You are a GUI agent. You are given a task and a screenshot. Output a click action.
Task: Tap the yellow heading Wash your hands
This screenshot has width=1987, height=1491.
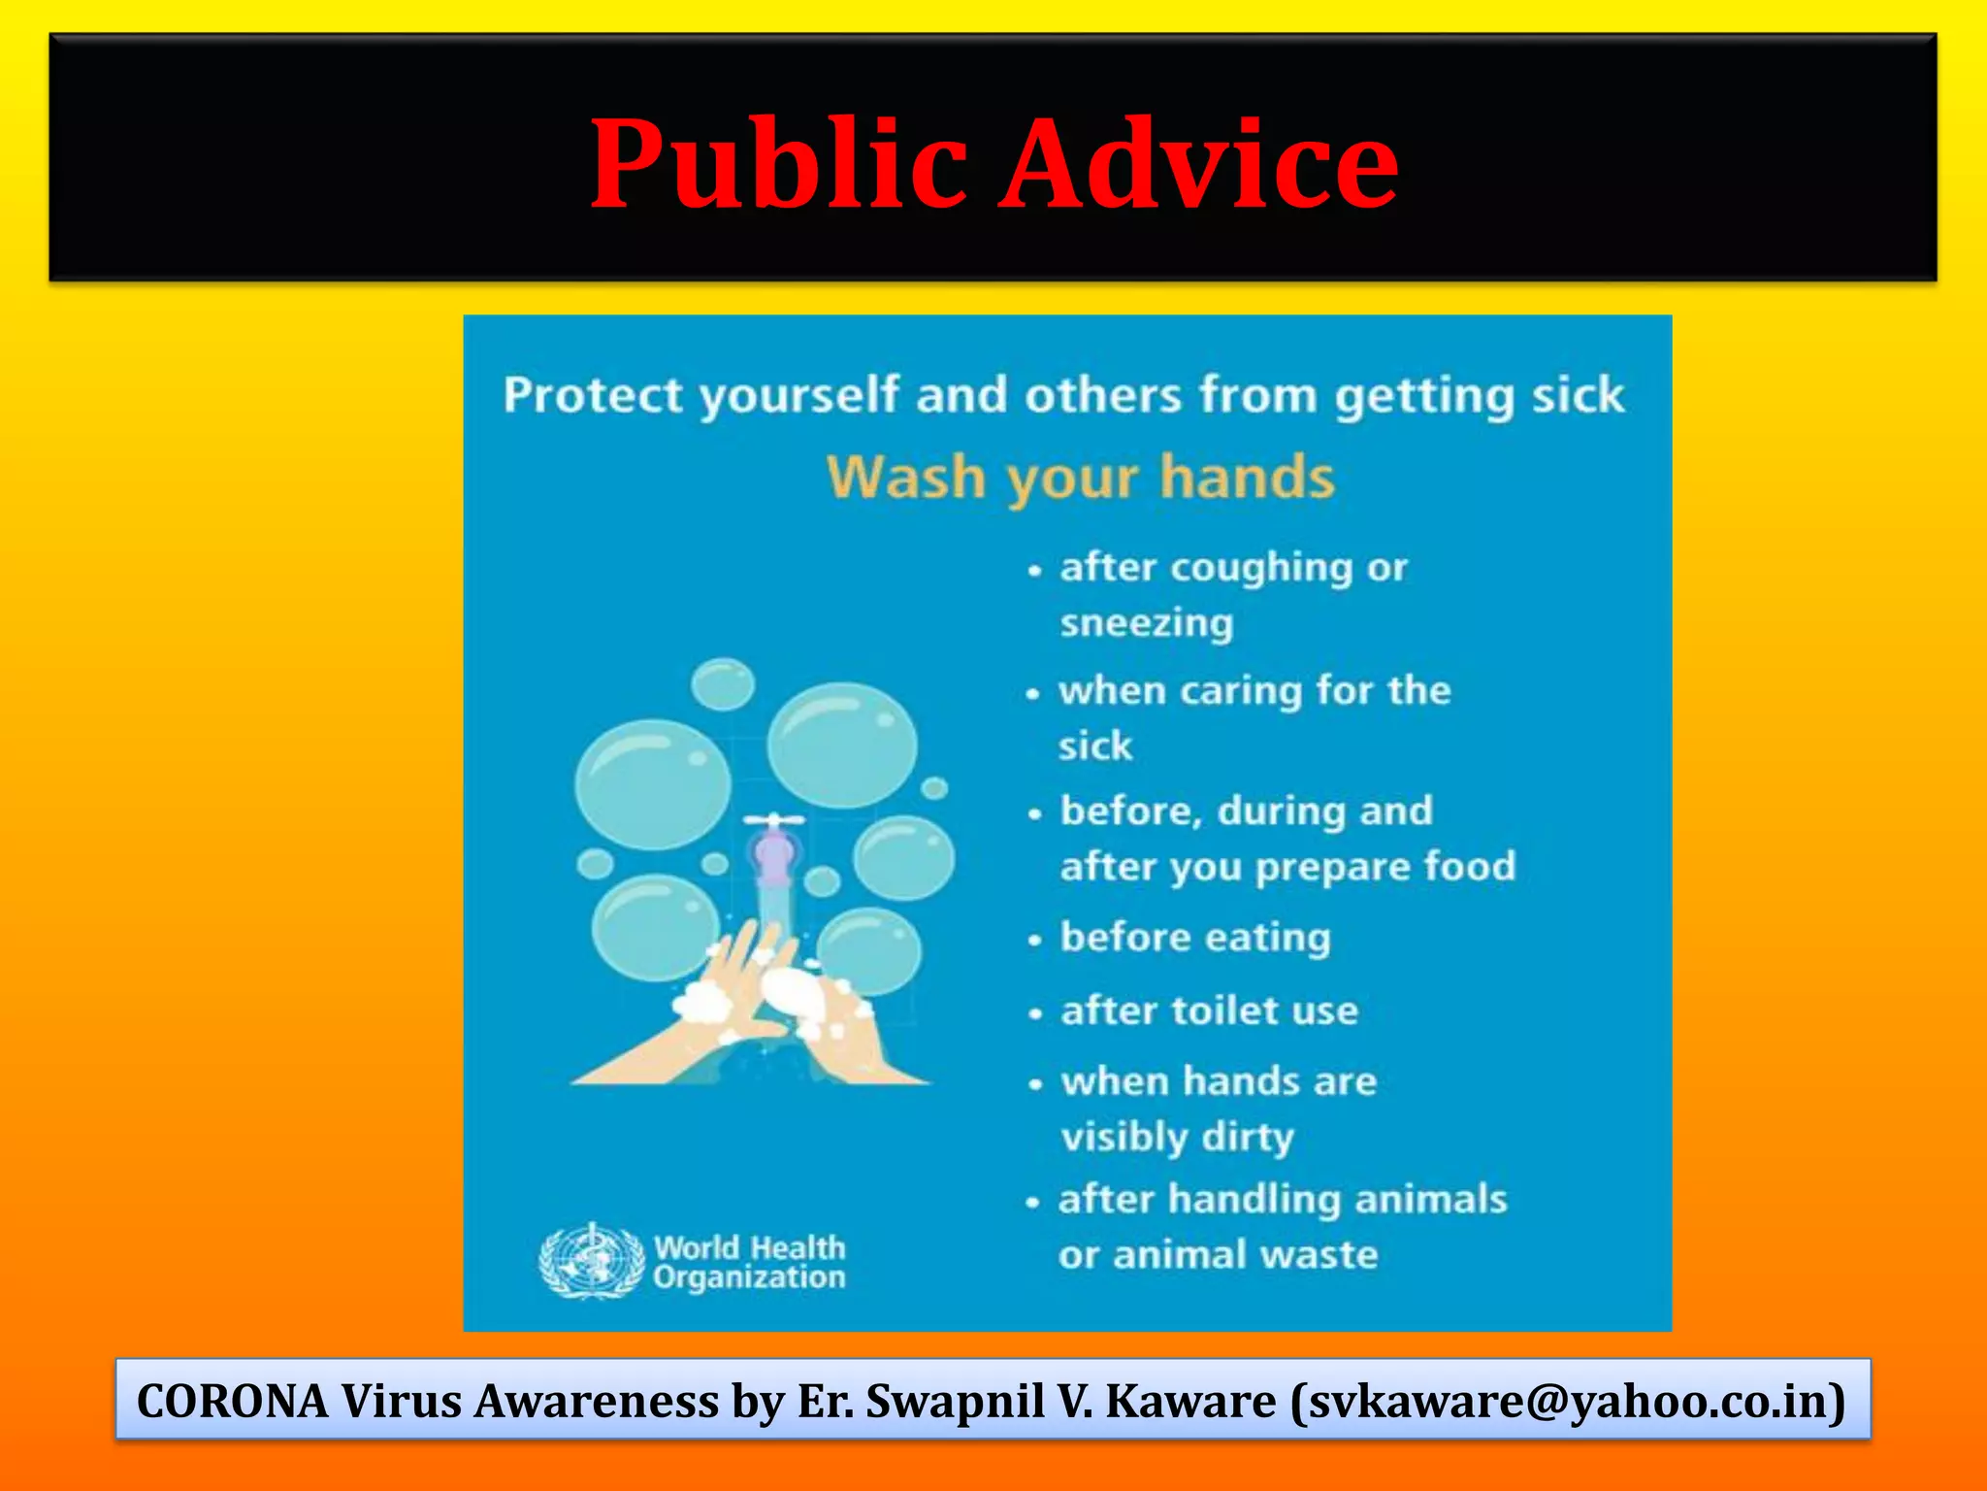[x=1080, y=478]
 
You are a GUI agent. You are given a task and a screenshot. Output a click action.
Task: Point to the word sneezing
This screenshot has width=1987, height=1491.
[x=1146, y=622]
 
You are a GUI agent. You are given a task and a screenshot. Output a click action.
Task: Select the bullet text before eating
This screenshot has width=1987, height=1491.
[x=1194, y=938]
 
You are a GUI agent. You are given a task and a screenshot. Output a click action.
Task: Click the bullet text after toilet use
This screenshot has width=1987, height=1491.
[x=1209, y=1011]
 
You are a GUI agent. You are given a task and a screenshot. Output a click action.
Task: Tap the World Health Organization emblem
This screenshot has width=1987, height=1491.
[x=591, y=1260]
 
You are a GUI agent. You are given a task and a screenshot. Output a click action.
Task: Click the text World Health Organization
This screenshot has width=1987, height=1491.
[x=749, y=1262]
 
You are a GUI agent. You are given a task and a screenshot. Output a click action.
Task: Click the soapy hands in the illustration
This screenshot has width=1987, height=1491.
[x=766, y=1010]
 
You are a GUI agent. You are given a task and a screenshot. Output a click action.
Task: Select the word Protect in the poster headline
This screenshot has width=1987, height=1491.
[x=593, y=395]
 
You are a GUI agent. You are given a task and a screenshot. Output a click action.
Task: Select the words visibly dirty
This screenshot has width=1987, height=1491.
[x=1177, y=1137]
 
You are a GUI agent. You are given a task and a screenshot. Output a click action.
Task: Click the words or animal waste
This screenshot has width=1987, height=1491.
[x=1218, y=1255]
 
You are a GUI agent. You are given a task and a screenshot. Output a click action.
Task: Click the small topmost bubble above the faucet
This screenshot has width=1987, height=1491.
[x=723, y=683]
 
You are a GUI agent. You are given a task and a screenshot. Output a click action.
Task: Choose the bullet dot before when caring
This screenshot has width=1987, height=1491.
[x=1033, y=693]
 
